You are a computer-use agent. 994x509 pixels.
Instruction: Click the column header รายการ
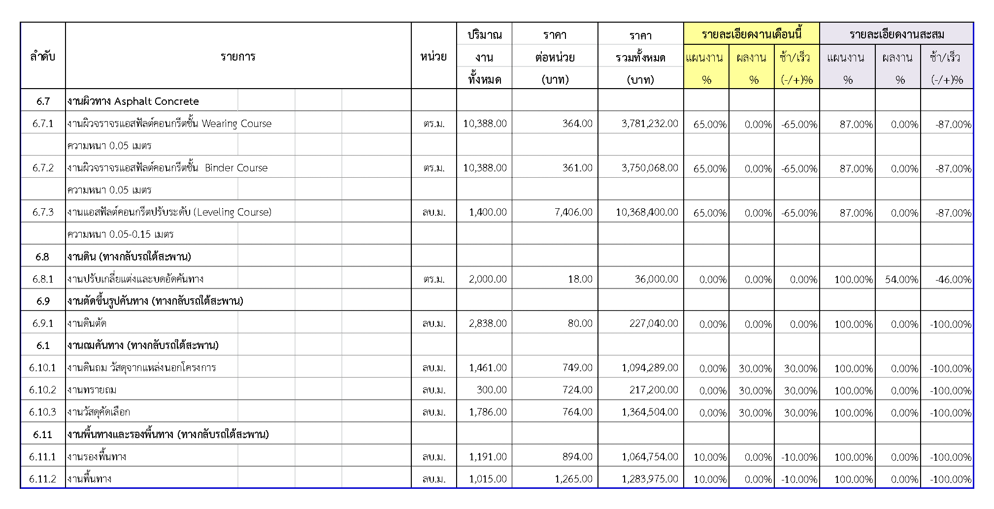coord(238,56)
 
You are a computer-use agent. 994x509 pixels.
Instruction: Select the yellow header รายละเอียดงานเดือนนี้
coord(752,34)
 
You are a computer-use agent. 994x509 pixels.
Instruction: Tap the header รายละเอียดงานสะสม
coord(896,34)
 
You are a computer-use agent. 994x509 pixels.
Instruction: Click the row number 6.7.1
coord(43,124)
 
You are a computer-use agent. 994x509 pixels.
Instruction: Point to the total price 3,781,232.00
coord(649,124)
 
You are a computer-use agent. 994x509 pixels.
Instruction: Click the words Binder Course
coord(236,168)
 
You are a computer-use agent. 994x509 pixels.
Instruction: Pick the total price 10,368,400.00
coord(647,212)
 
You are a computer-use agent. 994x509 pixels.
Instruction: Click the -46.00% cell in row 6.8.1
coord(953,279)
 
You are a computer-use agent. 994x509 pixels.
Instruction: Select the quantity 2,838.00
coord(488,323)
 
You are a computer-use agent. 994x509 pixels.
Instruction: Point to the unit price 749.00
coord(577,368)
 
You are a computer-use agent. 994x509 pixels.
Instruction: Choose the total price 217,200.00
coord(653,390)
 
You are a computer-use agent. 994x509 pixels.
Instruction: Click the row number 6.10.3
coord(42,412)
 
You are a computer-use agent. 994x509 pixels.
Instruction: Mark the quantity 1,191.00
coord(488,457)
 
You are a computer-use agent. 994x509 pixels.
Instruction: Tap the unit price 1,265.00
coord(573,479)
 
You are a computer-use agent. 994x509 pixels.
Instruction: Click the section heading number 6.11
coord(43,435)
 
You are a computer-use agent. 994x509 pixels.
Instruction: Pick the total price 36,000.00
coord(656,279)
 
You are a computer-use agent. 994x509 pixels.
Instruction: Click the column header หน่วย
coord(433,56)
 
